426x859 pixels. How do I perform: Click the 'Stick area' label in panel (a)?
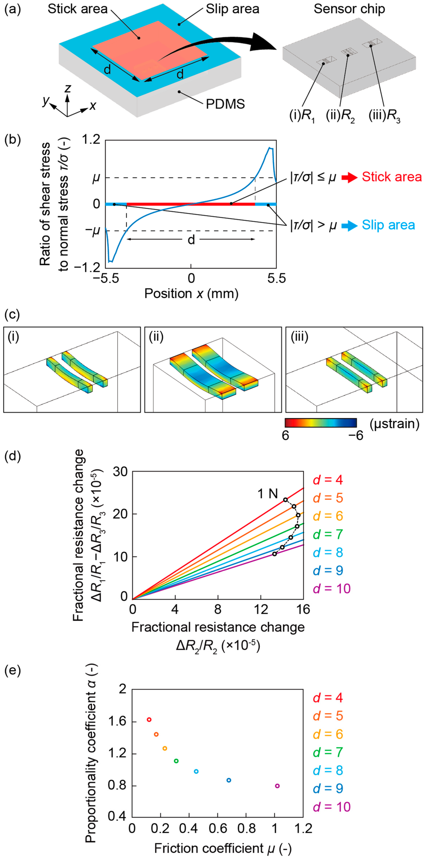[77, 9]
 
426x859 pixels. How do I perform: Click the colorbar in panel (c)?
[320, 423]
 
